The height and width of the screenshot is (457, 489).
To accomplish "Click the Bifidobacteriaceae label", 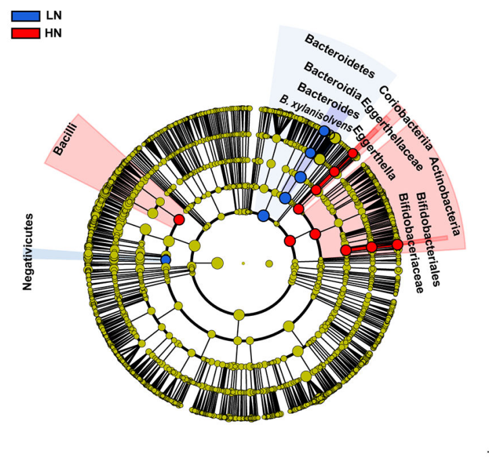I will click(411, 243).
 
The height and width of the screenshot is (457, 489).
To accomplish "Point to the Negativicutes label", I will click(28, 252).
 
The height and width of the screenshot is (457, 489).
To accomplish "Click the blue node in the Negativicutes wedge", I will click(165, 259).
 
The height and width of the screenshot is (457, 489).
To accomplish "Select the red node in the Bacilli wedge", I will click(179, 219).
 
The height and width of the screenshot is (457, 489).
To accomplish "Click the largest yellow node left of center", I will click(217, 263).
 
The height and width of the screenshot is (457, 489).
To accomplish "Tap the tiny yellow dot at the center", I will click(243, 263).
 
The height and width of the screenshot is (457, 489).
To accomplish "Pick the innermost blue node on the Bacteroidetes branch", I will click(263, 215).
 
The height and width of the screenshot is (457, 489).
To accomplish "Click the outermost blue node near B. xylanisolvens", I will click(324, 130).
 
